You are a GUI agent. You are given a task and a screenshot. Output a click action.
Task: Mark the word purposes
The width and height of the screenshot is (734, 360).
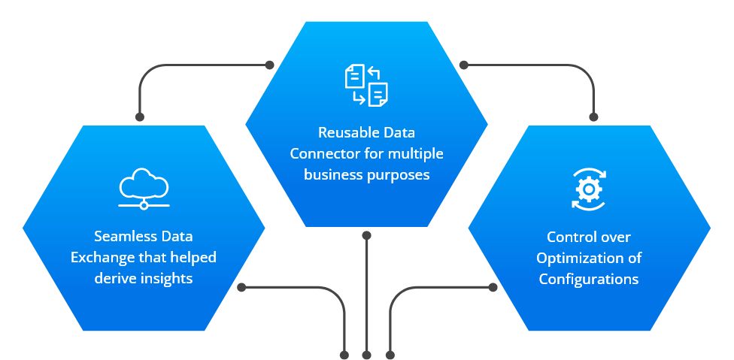point(401,175)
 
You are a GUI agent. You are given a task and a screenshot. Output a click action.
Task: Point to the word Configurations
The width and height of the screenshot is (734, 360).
point(588,279)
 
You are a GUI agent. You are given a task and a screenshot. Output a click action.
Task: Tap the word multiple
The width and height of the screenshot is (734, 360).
point(416,154)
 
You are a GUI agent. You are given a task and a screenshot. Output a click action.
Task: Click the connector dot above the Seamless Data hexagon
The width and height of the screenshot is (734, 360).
point(140,116)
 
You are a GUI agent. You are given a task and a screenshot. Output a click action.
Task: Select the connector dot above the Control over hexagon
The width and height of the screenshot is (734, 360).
point(593,116)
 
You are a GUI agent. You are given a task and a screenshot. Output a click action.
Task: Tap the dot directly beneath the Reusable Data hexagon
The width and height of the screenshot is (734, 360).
point(367,235)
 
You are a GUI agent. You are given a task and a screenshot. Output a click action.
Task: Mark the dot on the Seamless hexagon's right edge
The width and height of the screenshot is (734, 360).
point(241,287)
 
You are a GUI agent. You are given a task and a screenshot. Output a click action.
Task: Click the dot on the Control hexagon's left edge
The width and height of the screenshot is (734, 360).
point(493,287)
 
